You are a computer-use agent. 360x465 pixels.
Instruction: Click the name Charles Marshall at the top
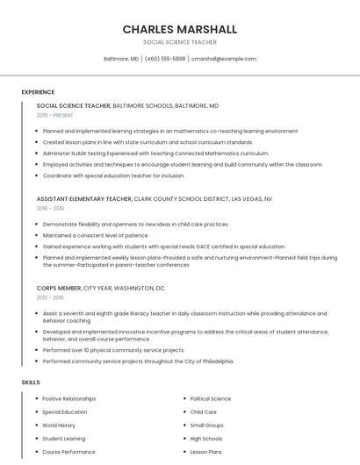(x=180, y=29)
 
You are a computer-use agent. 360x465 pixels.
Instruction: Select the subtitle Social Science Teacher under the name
(x=180, y=42)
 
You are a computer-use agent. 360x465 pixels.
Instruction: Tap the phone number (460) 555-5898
(x=165, y=59)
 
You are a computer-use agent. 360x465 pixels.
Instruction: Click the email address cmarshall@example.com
(x=224, y=59)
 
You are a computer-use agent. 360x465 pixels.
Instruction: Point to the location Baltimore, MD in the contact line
(x=121, y=59)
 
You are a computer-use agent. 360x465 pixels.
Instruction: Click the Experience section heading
(x=38, y=92)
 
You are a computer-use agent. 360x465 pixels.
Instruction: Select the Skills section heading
(x=31, y=383)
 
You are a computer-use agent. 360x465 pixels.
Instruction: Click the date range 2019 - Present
(x=54, y=115)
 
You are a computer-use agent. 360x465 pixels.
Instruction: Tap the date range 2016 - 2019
(x=50, y=208)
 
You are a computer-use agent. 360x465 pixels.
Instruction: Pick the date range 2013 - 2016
(x=50, y=297)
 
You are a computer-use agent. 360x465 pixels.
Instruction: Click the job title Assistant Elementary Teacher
(x=84, y=199)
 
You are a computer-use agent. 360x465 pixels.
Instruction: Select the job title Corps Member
(x=59, y=288)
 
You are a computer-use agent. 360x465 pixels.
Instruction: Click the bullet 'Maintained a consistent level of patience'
(x=96, y=235)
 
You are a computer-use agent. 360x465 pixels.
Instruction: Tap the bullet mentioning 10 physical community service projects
(x=113, y=350)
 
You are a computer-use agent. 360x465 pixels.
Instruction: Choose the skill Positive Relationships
(x=69, y=399)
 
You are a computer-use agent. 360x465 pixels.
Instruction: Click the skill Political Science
(x=211, y=399)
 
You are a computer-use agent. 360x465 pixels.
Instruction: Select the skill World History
(x=59, y=426)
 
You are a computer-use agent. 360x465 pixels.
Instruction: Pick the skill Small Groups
(x=207, y=426)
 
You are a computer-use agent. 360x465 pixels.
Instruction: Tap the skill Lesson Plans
(x=206, y=452)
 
